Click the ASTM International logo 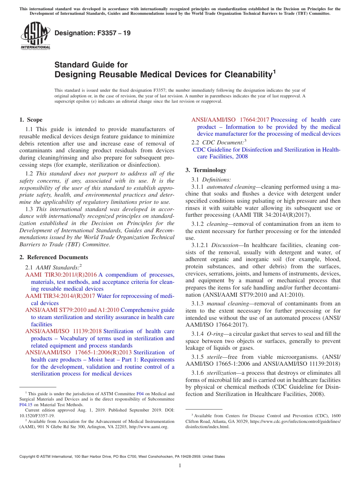[x=35, y=36]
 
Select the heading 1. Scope [x=31, y=120]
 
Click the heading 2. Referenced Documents [x=54, y=257]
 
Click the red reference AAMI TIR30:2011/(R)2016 [x=61, y=275]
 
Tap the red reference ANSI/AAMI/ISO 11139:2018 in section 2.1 [x=64, y=331]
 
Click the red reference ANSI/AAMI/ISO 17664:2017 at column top [x=230, y=120]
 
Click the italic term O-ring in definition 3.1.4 [x=214, y=334]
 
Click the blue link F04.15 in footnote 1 [x=25, y=404]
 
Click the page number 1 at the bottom [x=180, y=466]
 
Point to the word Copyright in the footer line [x=29, y=457]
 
